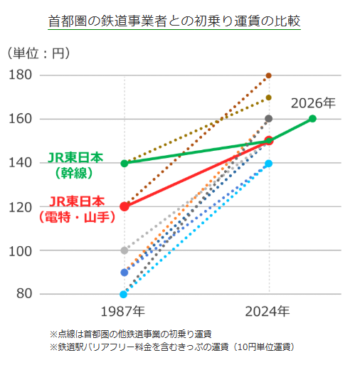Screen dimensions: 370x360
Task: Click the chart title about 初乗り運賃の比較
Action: pos(175,21)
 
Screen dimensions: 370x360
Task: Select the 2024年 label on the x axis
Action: pos(268,311)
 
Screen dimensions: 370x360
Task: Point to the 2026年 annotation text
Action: pos(313,103)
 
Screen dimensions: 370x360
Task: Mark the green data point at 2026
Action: pos(313,119)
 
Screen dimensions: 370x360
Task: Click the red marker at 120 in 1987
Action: pos(125,206)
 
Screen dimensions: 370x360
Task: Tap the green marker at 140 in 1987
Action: pos(125,163)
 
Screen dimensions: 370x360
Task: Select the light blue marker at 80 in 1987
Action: pos(124,294)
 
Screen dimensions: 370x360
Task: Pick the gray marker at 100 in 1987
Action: pos(125,250)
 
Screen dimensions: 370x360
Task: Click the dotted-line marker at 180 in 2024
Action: pos(269,75)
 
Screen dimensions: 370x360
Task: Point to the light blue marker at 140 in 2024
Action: pos(269,164)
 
